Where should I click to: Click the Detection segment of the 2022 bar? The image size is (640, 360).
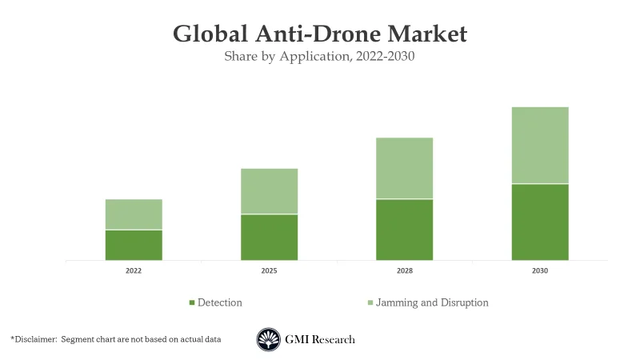click(x=134, y=245)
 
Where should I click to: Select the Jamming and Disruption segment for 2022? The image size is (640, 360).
click(x=134, y=214)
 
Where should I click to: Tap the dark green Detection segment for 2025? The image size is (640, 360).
click(x=269, y=237)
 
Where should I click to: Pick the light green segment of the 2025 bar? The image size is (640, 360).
click(x=269, y=191)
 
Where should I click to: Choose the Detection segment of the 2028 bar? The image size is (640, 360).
click(x=405, y=230)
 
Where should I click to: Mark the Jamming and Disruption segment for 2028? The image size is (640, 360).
click(x=405, y=168)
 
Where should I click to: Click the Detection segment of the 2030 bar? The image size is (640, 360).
click(x=540, y=222)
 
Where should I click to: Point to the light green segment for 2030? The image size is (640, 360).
click(x=540, y=146)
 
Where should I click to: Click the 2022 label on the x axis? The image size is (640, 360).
click(x=134, y=271)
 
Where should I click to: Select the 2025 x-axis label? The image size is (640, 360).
click(x=269, y=271)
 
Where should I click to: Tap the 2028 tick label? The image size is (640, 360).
click(x=405, y=271)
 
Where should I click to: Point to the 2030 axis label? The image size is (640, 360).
click(x=540, y=271)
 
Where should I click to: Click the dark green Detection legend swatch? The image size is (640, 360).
click(x=192, y=303)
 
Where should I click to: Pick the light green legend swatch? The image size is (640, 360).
click(x=370, y=303)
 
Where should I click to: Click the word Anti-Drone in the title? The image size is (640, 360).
click(x=318, y=34)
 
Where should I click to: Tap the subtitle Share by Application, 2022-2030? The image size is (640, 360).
click(x=319, y=57)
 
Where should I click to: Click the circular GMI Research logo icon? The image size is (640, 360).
click(x=268, y=339)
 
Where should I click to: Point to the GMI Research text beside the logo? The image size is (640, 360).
click(x=320, y=339)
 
